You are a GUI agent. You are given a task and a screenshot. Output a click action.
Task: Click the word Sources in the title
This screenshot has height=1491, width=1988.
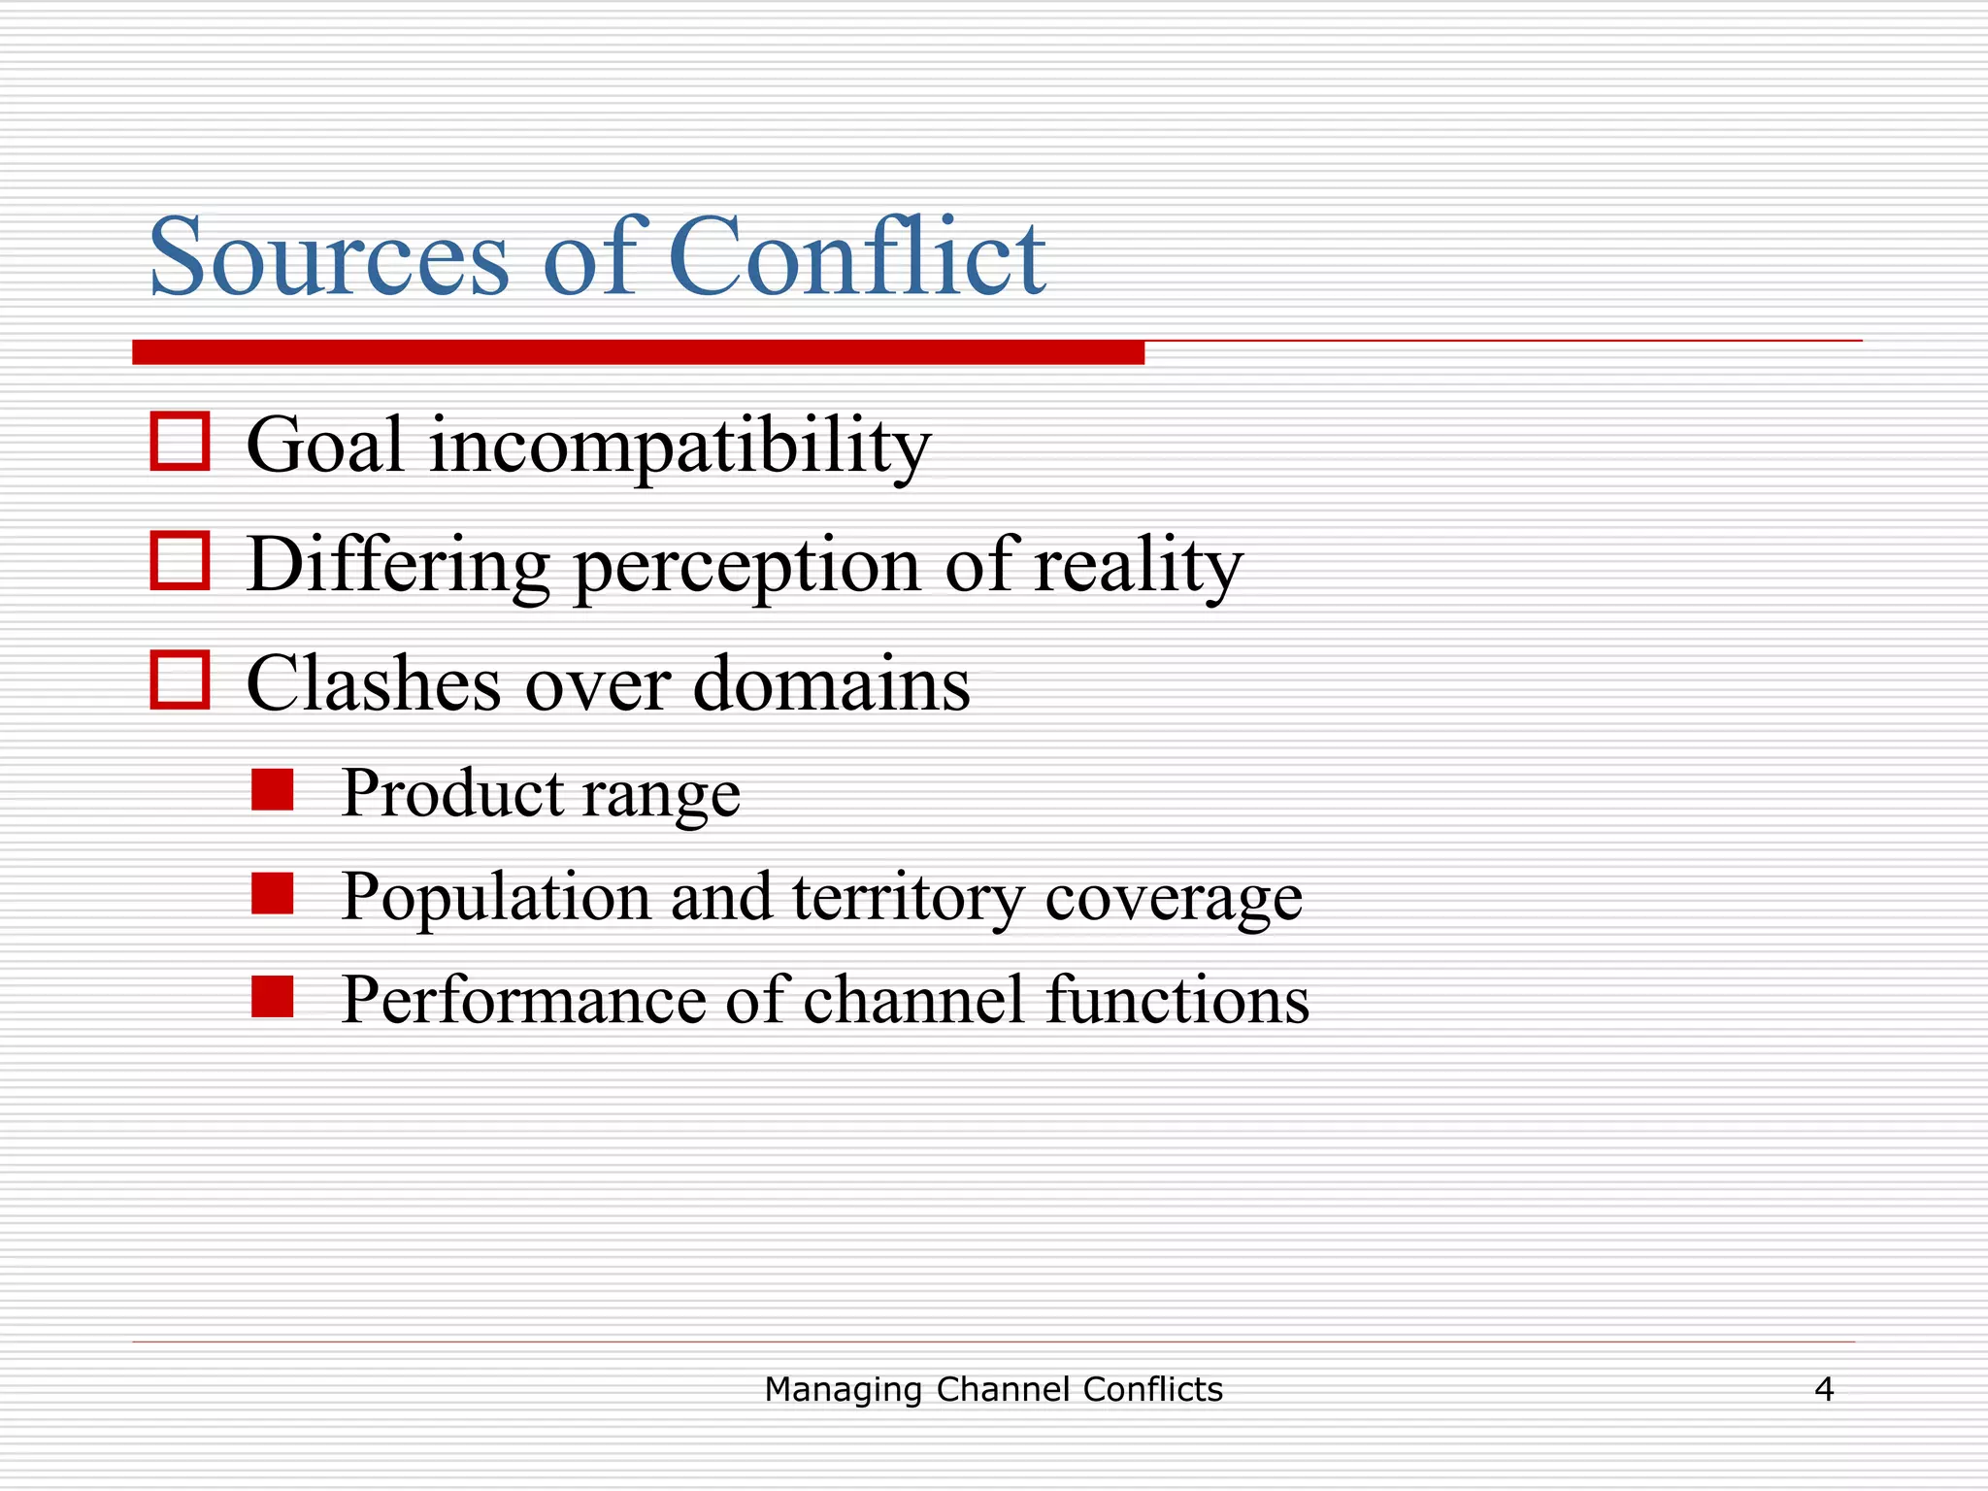(328, 258)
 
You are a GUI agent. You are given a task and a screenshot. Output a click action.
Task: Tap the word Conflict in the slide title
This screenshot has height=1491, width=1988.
(856, 256)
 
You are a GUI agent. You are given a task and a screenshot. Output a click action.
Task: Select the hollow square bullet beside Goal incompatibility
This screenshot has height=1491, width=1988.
(180, 443)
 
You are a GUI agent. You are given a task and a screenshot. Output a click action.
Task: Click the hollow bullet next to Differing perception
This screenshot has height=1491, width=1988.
(180, 561)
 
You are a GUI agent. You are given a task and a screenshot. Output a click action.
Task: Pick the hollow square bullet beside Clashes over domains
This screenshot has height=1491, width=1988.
(180, 679)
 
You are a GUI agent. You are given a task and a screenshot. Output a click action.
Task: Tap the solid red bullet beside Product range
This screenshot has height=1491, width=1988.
(272, 790)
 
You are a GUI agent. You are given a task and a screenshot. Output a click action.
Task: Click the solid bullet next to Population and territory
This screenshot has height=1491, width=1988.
(272, 894)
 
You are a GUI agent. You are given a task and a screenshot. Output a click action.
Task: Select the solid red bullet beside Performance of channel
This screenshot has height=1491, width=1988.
(272, 997)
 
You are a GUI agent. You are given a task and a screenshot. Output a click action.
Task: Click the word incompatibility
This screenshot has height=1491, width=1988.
(679, 447)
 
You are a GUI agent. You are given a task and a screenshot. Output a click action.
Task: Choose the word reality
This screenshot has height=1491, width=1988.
(1138, 567)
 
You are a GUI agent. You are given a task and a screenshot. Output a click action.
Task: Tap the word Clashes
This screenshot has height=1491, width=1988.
(374, 683)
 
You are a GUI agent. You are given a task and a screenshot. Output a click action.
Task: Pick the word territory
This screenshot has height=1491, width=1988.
(908, 897)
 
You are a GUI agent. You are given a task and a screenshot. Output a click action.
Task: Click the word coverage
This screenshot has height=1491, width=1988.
(1174, 899)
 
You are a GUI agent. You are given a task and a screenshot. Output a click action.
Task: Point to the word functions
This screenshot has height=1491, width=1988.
(1177, 1000)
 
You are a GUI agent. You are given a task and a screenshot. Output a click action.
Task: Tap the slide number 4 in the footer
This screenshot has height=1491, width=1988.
(1824, 1390)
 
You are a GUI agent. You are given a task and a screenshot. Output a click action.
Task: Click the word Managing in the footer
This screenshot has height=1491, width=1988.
(843, 1390)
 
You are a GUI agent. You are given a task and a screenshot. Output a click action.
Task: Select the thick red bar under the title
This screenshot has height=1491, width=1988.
(638, 352)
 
